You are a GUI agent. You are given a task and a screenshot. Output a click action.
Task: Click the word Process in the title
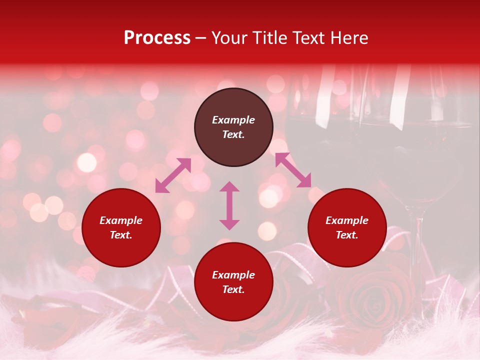click(x=157, y=38)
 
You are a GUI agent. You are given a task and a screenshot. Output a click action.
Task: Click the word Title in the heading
click(x=270, y=38)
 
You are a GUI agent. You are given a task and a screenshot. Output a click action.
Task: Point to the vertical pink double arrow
click(x=229, y=205)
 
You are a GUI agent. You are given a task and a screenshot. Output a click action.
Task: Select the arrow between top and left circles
click(x=173, y=175)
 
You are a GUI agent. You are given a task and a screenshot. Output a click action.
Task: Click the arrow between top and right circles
click(x=293, y=170)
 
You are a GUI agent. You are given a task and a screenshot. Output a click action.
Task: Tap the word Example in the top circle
click(x=233, y=120)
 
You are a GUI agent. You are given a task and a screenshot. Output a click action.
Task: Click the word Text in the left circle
click(x=121, y=235)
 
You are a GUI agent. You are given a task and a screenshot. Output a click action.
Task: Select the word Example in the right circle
click(x=347, y=220)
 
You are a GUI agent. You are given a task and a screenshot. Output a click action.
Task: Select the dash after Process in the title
click(x=201, y=38)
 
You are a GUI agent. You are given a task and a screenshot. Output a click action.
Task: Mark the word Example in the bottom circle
click(x=233, y=275)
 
